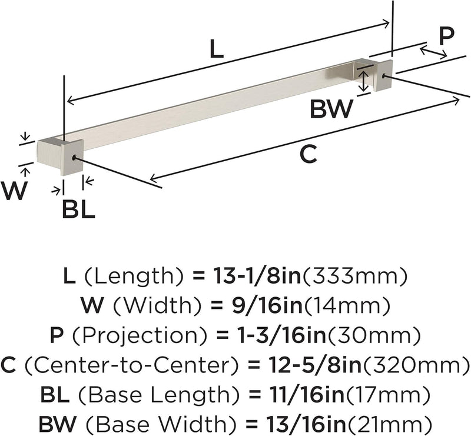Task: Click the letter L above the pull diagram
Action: [x=217, y=49]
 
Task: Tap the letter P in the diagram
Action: [x=446, y=36]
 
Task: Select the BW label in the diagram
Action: [x=331, y=109]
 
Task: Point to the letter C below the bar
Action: [x=309, y=155]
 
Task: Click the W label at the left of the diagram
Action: [x=14, y=191]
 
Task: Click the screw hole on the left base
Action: [x=74, y=157]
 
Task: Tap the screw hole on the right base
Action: [x=384, y=76]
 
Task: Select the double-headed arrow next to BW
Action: [x=364, y=81]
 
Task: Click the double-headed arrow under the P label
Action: [x=433, y=52]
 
